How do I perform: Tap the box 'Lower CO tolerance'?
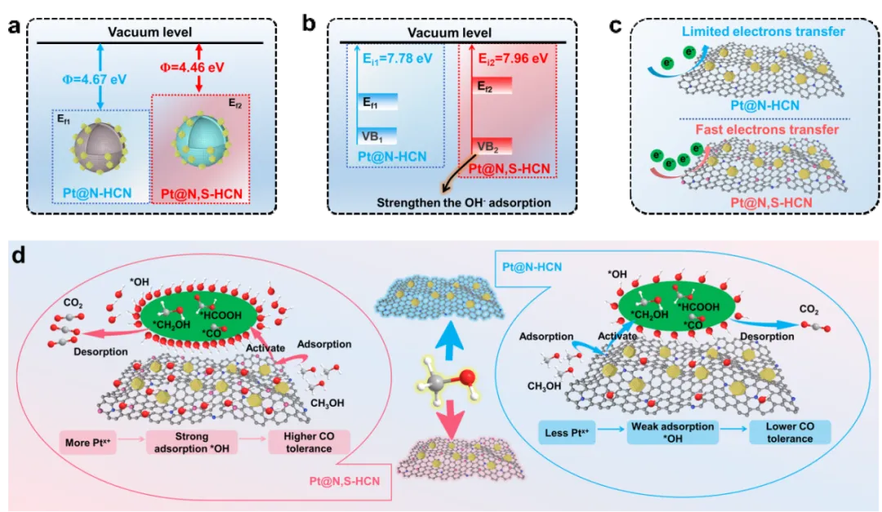(789, 432)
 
